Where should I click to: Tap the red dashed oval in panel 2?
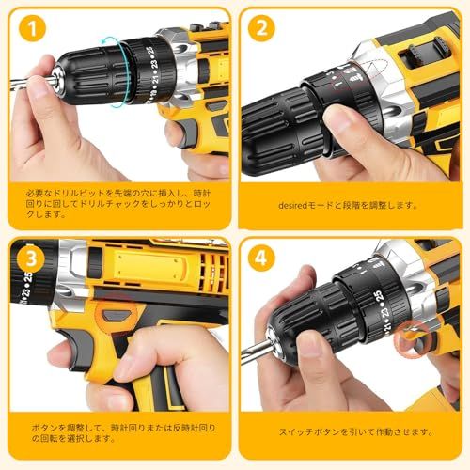(376, 70)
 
